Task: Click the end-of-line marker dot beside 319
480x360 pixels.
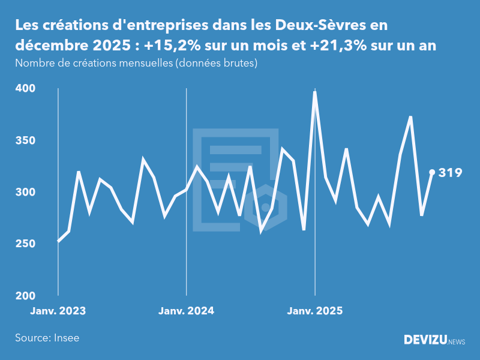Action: pyautogui.click(x=432, y=172)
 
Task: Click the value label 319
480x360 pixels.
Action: pyautogui.click(x=450, y=173)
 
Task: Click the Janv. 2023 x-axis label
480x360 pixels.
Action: pyautogui.click(x=58, y=311)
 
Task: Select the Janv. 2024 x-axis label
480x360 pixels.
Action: pyautogui.click(x=186, y=311)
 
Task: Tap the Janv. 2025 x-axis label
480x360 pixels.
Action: pyautogui.click(x=315, y=311)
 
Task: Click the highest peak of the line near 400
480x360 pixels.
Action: pyautogui.click(x=315, y=92)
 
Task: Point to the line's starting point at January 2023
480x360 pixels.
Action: pyautogui.click(x=58, y=241)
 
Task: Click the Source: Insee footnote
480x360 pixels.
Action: pyautogui.click(x=47, y=338)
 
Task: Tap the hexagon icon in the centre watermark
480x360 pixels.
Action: pyautogui.click(x=266, y=208)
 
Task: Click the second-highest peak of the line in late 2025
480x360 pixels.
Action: pyautogui.click(x=410, y=117)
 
